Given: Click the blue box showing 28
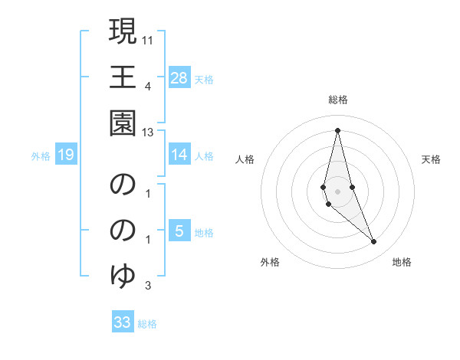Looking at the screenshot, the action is (179, 78).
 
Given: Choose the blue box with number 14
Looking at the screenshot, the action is (179, 155).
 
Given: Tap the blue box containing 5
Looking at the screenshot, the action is (179, 231).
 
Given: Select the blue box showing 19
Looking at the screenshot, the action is (66, 155).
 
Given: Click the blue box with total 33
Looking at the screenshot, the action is (123, 322).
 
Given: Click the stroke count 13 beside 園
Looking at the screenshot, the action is (149, 133).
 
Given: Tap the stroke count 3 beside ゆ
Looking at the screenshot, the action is (147, 286).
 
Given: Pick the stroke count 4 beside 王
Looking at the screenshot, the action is (147, 85).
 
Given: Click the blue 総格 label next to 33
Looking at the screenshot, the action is (148, 324).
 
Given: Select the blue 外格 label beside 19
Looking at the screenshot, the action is (41, 156).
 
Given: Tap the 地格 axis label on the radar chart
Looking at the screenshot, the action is (402, 263).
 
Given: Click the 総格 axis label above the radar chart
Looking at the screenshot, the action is (338, 100).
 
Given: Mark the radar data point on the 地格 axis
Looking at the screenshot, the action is (374, 242).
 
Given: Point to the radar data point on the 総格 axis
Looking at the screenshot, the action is (337, 130).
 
